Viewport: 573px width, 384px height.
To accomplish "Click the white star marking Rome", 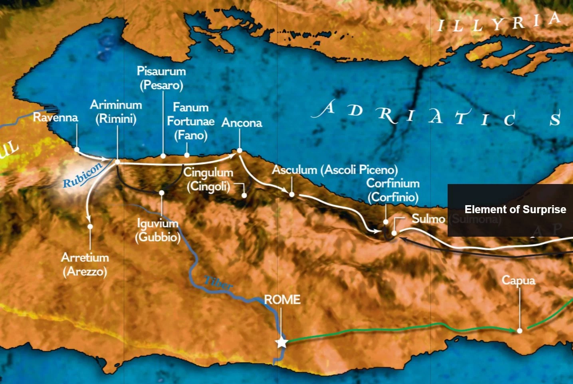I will pyautogui.click(x=282, y=342).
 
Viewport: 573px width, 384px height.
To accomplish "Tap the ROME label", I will pyautogui.click(x=282, y=299).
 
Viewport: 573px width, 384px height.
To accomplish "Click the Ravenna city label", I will pyautogui.click(x=55, y=117).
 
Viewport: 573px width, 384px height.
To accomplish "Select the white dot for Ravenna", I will pyautogui.click(x=77, y=149).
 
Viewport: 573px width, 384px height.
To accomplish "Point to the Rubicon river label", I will pyautogui.click(x=82, y=176).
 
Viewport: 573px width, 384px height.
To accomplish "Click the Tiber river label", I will pyautogui.click(x=218, y=283).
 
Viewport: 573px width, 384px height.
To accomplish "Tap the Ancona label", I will pyautogui.click(x=242, y=123).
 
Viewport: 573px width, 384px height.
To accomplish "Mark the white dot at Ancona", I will pyautogui.click(x=240, y=150).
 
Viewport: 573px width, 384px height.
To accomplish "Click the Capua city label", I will pyautogui.click(x=518, y=280).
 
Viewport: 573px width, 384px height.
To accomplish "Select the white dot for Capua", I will pyautogui.click(x=519, y=331).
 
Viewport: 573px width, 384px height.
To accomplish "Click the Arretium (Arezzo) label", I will pyautogui.click(x=85, y=264).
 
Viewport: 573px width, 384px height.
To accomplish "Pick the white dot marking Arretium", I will pyautogui.click(x=90, y=226).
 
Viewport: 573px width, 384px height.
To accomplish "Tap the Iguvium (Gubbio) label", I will pyautogui.click(x=158, y=230).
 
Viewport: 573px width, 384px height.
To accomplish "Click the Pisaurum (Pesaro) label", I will pyautogui.click(x=161, y=78).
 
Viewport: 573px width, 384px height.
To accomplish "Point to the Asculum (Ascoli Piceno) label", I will pyautogui.click(x=335, y=170).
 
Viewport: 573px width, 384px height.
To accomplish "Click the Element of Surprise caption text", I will pyautogui.click(x=515, y=210).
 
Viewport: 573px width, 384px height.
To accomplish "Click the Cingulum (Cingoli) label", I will pyautogui.click(x=208, y=179).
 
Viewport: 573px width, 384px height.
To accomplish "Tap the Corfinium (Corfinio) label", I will pyautogui.click(x=393, y=190).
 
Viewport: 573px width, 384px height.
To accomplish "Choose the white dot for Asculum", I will pyautogui.click(x=292, y=194).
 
